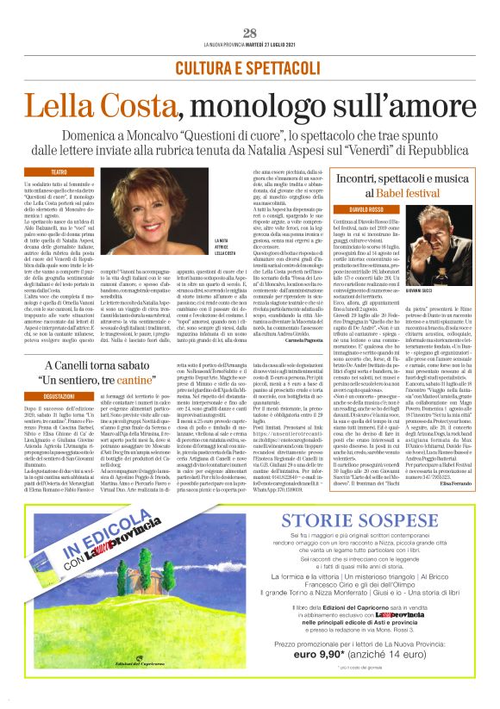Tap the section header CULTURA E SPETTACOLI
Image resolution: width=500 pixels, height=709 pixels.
coord(250,67)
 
